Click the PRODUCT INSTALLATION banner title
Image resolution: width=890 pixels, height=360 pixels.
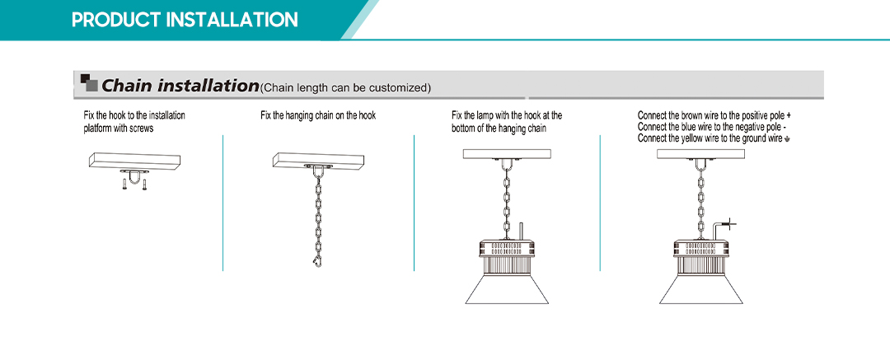185,20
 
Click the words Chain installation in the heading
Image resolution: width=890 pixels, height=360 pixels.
180,86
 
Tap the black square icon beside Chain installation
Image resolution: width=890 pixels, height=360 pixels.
89,82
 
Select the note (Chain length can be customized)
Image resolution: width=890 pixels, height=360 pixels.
345,87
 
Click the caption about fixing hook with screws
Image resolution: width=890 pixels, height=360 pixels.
134,122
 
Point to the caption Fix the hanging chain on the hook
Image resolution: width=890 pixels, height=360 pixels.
318,116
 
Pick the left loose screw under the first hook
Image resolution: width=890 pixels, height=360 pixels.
124,184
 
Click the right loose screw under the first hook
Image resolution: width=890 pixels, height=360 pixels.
145,184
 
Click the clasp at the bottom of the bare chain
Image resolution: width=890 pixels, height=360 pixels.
316,260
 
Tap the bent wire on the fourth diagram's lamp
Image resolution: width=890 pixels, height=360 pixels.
717,229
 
